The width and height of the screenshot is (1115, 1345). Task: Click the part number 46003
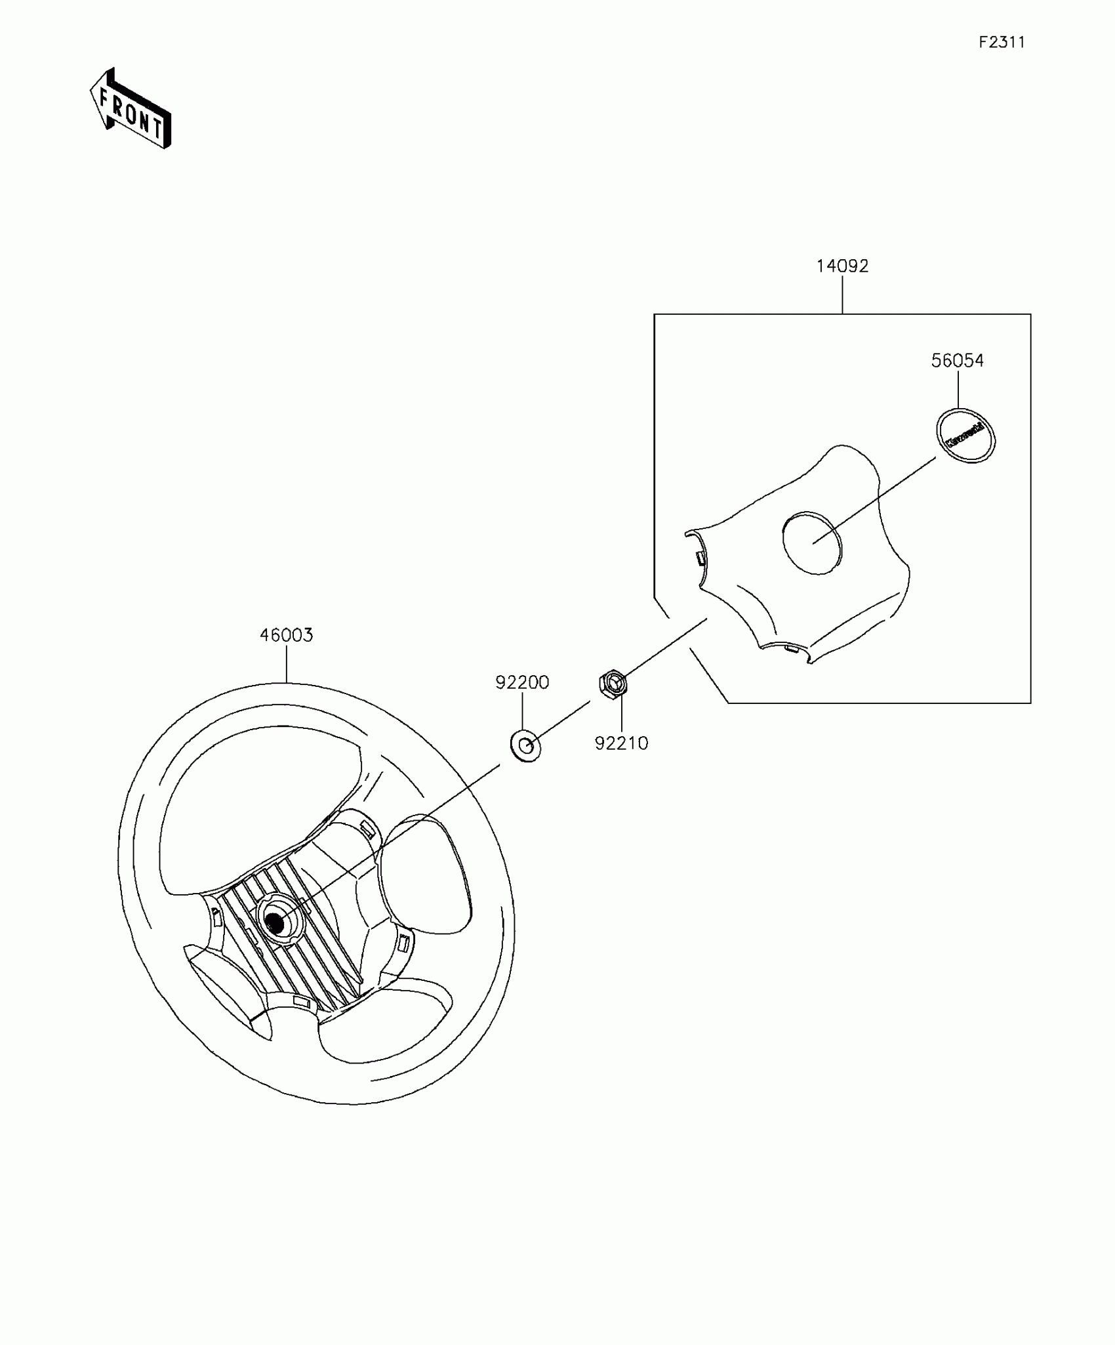click(x=286, y=635)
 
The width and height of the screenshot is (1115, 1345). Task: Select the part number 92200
click(x=522, y=682)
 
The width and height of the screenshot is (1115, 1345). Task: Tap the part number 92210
click(x=621, y=743)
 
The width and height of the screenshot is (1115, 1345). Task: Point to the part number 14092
click(x=842, y=266)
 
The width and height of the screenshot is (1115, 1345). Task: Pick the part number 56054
click(x=958, y=360)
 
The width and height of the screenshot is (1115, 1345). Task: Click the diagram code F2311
click(x=1002, y=43)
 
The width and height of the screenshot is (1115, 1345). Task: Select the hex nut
click(x=613, y=684)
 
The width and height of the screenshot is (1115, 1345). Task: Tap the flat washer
click(x=525, y=745)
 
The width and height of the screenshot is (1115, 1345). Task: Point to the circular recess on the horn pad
click(x=811, y=542)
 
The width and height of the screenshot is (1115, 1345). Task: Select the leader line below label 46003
click(x=287, y=663)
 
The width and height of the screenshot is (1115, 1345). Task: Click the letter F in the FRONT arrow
click(x=104, y=100)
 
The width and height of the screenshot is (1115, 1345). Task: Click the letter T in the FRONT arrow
click(x=157, y=127)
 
